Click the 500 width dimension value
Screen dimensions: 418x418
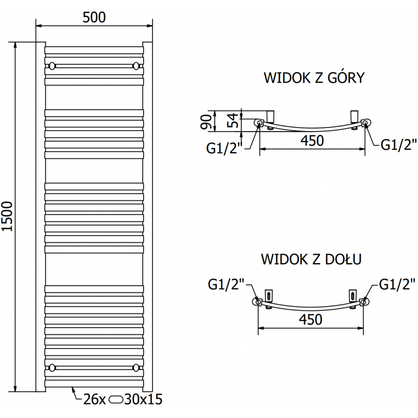point(94,17)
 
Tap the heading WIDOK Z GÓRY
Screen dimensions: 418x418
point(313,78)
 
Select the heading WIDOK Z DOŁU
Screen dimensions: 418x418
point(312,259)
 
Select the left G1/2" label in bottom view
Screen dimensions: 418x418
point(226,285)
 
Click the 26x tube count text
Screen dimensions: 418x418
point(95,400)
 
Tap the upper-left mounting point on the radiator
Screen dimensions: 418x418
point(52,66)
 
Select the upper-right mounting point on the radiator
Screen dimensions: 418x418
point(136,66)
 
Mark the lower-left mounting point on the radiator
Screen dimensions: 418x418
point(52,366)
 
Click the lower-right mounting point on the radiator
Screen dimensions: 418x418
point(136,366)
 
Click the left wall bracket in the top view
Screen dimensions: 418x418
point(271,115)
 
